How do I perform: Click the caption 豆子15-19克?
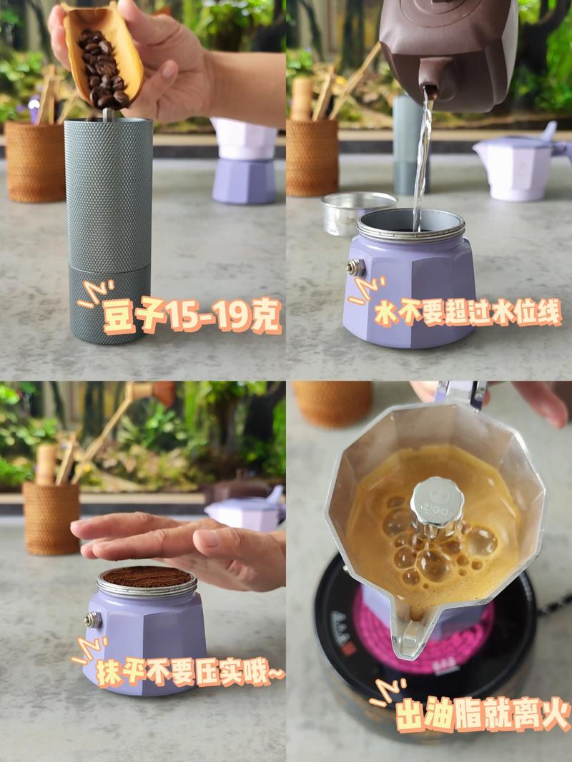pos(192,316)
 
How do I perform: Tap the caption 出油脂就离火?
pos(483,714)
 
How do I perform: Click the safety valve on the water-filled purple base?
pos(356,267)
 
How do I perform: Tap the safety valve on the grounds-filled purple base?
pos(93,620)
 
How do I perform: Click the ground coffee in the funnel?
pos(147,576)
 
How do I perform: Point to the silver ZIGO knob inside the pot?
pos(436,506)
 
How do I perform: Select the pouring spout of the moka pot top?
pos(411,632)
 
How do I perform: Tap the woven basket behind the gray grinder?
pos(35,161)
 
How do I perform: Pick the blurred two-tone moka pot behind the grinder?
pos(245,161)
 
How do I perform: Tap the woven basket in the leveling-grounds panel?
pos(51,518)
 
